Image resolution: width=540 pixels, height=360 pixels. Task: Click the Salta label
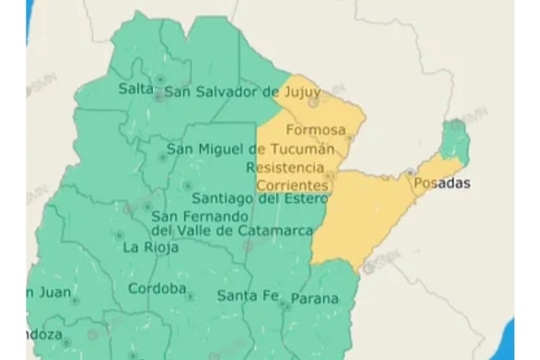(x=135, y=89)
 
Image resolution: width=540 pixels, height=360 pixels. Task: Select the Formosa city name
(x=315, y=130)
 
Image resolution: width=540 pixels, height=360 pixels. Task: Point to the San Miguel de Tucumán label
(x=251, y=149)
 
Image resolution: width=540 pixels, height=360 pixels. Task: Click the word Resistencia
(x=285, y=168)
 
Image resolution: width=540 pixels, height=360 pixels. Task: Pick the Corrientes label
(x=292, y=185)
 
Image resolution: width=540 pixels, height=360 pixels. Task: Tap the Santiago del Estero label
(x=259, y=199)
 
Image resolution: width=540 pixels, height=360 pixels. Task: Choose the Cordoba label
(x=157, y=289)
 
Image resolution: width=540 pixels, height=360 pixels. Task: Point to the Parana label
(x=315, y=299)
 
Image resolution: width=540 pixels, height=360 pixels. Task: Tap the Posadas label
(x=441, y=183)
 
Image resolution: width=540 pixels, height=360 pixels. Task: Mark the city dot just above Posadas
(x=410, y=172)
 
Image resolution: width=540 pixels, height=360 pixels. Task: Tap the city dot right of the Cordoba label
(x=191, y=297)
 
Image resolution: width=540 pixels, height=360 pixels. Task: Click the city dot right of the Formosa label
(x=349, y=138)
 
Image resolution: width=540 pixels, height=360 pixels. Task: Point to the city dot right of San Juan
(x=75, y=300)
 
